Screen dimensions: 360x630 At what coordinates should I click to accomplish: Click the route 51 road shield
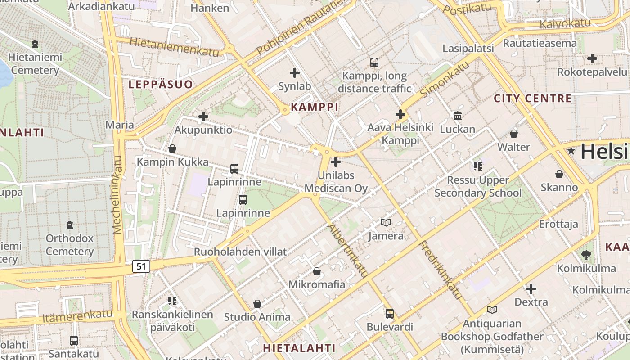(141, 266)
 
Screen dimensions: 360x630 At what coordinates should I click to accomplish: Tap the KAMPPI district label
(315, 107)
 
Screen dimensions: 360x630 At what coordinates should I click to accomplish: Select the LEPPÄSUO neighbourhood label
(161, 85)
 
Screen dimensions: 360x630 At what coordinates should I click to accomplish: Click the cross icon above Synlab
(295, 73)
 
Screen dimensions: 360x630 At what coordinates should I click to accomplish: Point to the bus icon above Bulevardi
(390, 314)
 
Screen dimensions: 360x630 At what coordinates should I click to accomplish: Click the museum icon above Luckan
(458, 116)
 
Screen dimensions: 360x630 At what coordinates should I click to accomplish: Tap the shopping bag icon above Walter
(514, 134)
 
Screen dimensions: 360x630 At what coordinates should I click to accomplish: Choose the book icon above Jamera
(386, 222)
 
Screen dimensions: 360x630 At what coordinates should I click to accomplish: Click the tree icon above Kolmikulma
(586, 255)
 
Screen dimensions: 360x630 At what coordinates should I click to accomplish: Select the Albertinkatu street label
(348, 251)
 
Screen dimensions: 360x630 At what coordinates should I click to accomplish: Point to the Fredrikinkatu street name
(441, 270)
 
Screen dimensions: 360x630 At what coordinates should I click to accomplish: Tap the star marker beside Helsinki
(571, 151)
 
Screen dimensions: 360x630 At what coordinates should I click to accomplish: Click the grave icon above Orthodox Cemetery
(70, 225)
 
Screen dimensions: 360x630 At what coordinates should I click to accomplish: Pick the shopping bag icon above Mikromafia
(317, 271)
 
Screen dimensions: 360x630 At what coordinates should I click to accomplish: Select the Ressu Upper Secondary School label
(478, 187)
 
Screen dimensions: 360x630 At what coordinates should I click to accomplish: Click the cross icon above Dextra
(531, 288)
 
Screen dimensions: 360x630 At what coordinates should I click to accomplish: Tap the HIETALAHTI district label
(299, 348)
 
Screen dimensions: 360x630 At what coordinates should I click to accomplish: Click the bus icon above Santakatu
(73, 341)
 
